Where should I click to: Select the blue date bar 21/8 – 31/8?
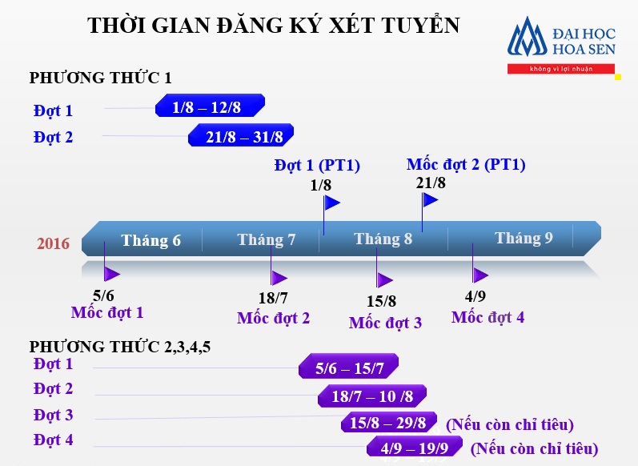pos(242,136)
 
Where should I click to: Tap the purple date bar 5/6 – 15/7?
pos(349,368)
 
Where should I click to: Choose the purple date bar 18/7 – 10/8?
pos(372,396)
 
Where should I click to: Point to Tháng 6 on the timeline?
pos(150,240)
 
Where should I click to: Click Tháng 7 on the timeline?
pos(267,239)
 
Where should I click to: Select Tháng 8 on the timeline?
pos(383,239)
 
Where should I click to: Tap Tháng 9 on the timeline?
pos(524,238)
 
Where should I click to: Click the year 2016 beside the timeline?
pos(54,243)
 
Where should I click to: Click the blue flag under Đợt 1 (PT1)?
pos(331,203)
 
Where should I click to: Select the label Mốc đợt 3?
pos(385,323)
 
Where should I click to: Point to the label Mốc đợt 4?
pos(488,317)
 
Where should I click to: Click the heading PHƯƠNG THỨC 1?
pos(101,78)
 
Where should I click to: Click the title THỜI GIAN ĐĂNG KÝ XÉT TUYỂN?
pos(274,26)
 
